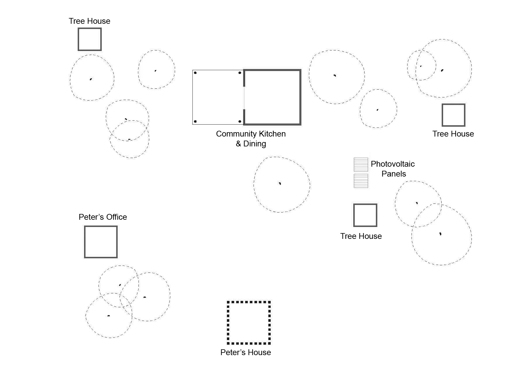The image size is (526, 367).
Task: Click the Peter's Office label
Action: [103, 217]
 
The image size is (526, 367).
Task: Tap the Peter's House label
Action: [245, 352]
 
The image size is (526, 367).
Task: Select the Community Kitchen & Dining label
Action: [251, 139]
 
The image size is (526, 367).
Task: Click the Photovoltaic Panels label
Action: [393, 169]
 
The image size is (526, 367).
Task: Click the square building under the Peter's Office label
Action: [101, 242]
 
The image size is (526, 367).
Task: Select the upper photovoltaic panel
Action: [361, 164]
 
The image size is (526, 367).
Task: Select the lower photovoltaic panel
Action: [361, 181]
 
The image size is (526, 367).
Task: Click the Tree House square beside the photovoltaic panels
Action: [365, 215]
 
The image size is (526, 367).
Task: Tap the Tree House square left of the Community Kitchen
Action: [90, 39]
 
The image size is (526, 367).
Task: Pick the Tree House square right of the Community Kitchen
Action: [453, 115]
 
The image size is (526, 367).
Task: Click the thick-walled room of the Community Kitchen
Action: [272, 97]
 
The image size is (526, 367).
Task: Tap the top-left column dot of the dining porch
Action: [195, 73]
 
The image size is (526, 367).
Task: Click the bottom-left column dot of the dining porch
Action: [195, 121]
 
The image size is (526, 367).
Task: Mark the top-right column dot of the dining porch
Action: [240, 73]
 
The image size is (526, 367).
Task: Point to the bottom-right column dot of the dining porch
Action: [240, 121]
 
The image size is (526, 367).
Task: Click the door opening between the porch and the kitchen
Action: [244, 98]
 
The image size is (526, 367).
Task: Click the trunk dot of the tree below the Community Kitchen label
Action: [280, 183]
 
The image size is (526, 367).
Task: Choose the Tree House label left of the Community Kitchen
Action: [89, 21]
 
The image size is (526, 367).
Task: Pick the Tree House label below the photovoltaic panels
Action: [361, 236]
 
